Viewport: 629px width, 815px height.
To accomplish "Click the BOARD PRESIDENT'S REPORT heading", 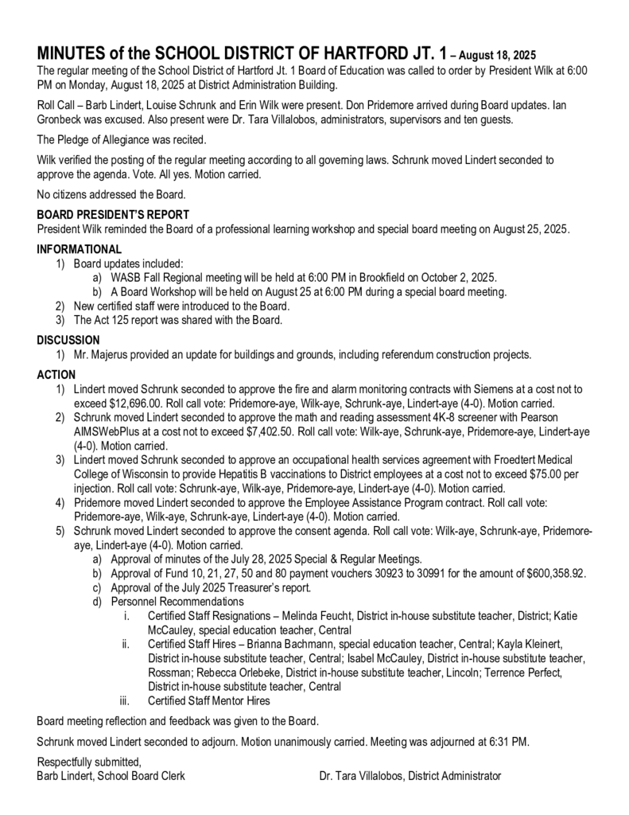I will pos(113,214).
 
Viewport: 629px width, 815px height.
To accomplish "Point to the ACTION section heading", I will pos(56,375).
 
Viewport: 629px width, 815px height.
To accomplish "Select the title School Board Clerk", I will pos(142,776).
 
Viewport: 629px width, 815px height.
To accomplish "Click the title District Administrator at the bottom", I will pos(454,776).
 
